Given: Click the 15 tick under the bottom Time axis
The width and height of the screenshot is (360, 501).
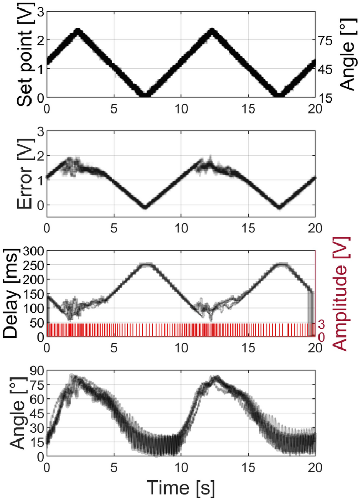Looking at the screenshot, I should point(248,466).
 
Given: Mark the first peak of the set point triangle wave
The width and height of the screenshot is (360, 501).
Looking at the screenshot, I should point(78,30).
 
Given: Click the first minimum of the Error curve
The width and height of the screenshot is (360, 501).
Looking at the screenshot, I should point(145,207).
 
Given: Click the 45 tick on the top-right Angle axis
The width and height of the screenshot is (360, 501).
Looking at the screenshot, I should point(326,69).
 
